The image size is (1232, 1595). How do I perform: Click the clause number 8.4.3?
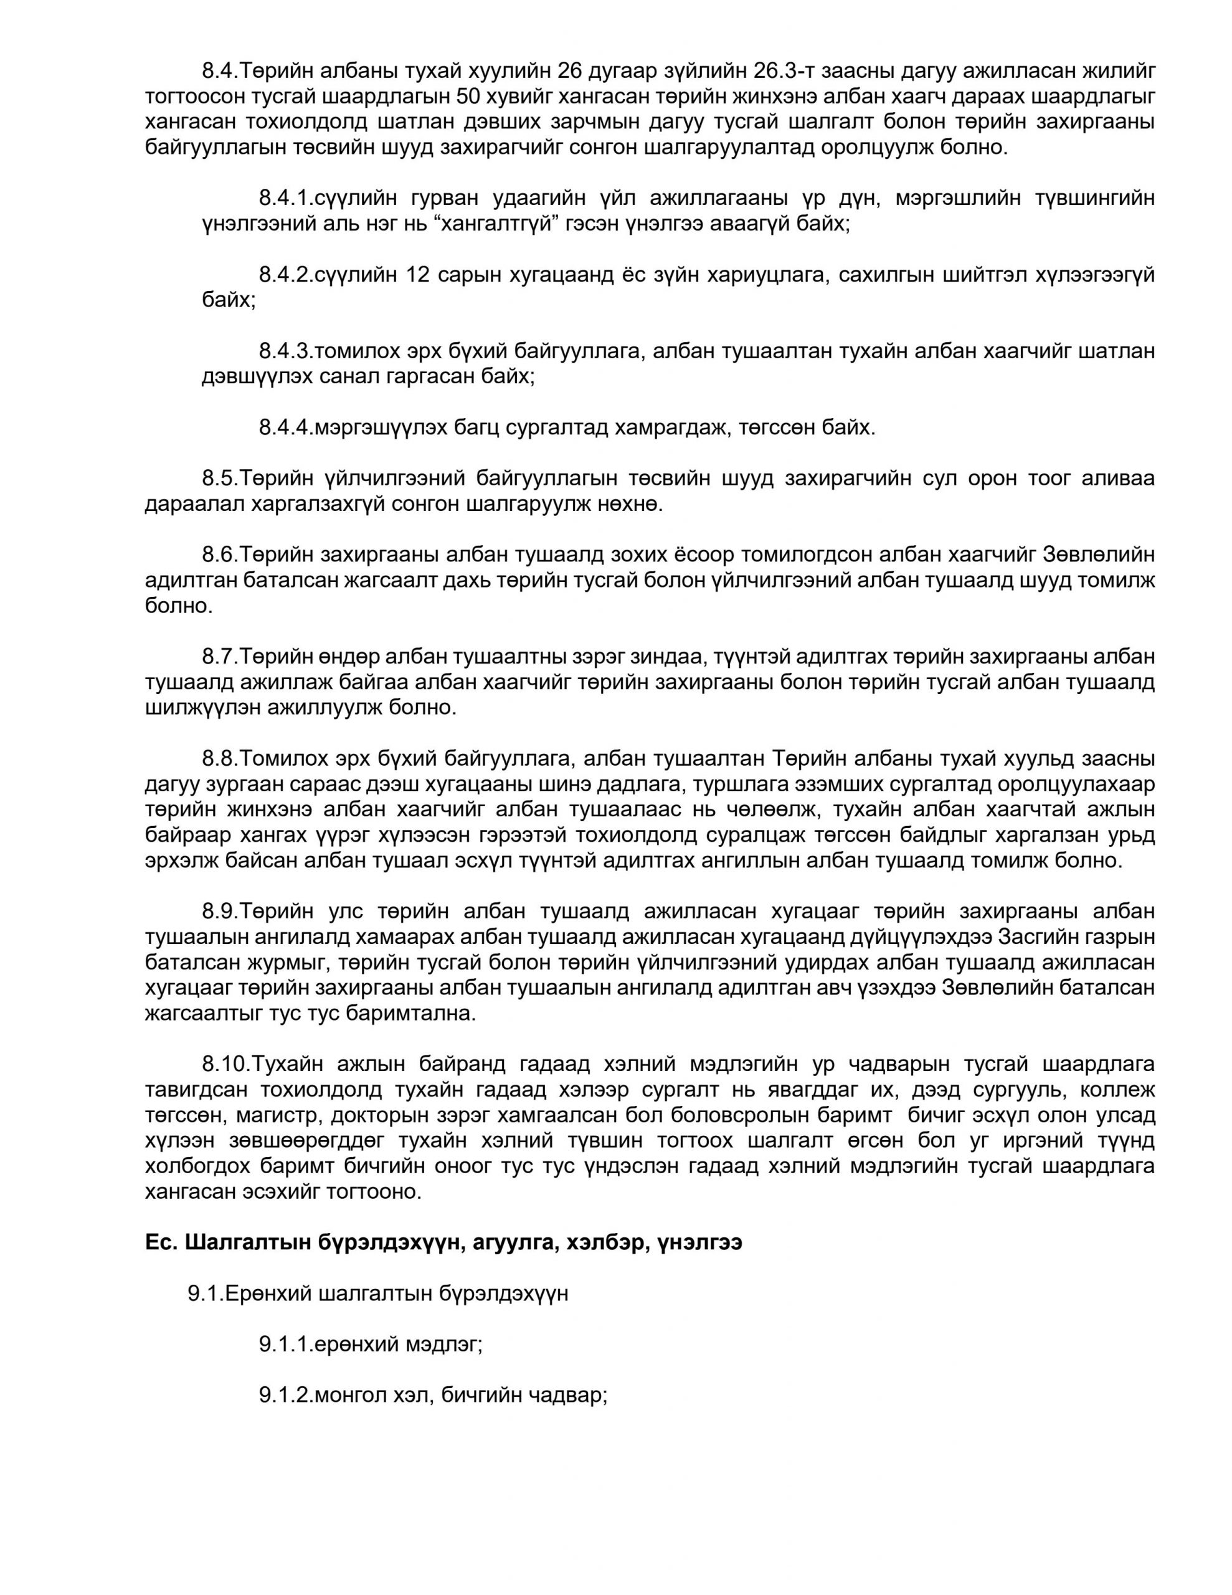285,351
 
